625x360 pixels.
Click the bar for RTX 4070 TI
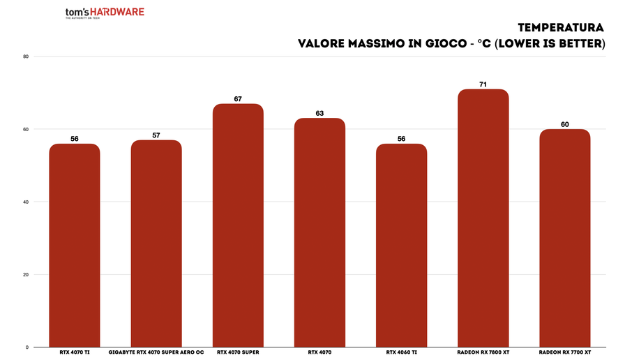(75, 245)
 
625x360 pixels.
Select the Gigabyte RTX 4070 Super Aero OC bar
(156, 243)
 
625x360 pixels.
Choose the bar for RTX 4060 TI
(401, 245)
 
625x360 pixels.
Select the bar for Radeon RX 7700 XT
(564, 238)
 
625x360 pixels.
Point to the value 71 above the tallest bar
(483, 84)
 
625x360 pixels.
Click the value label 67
(238, 99)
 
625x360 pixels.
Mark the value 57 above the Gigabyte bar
(156, 135)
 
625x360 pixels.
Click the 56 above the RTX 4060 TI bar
(401, 139)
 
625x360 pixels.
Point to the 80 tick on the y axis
(25, 57)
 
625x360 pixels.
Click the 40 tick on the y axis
(25, 202)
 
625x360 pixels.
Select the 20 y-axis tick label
(25, 274)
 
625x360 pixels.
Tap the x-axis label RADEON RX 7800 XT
(483, 353)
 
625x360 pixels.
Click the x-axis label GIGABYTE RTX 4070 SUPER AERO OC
(156, 353)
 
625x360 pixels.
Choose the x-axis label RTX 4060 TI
(401, 353)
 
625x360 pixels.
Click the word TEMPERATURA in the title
(561, 27)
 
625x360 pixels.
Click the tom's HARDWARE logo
(105, 13)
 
